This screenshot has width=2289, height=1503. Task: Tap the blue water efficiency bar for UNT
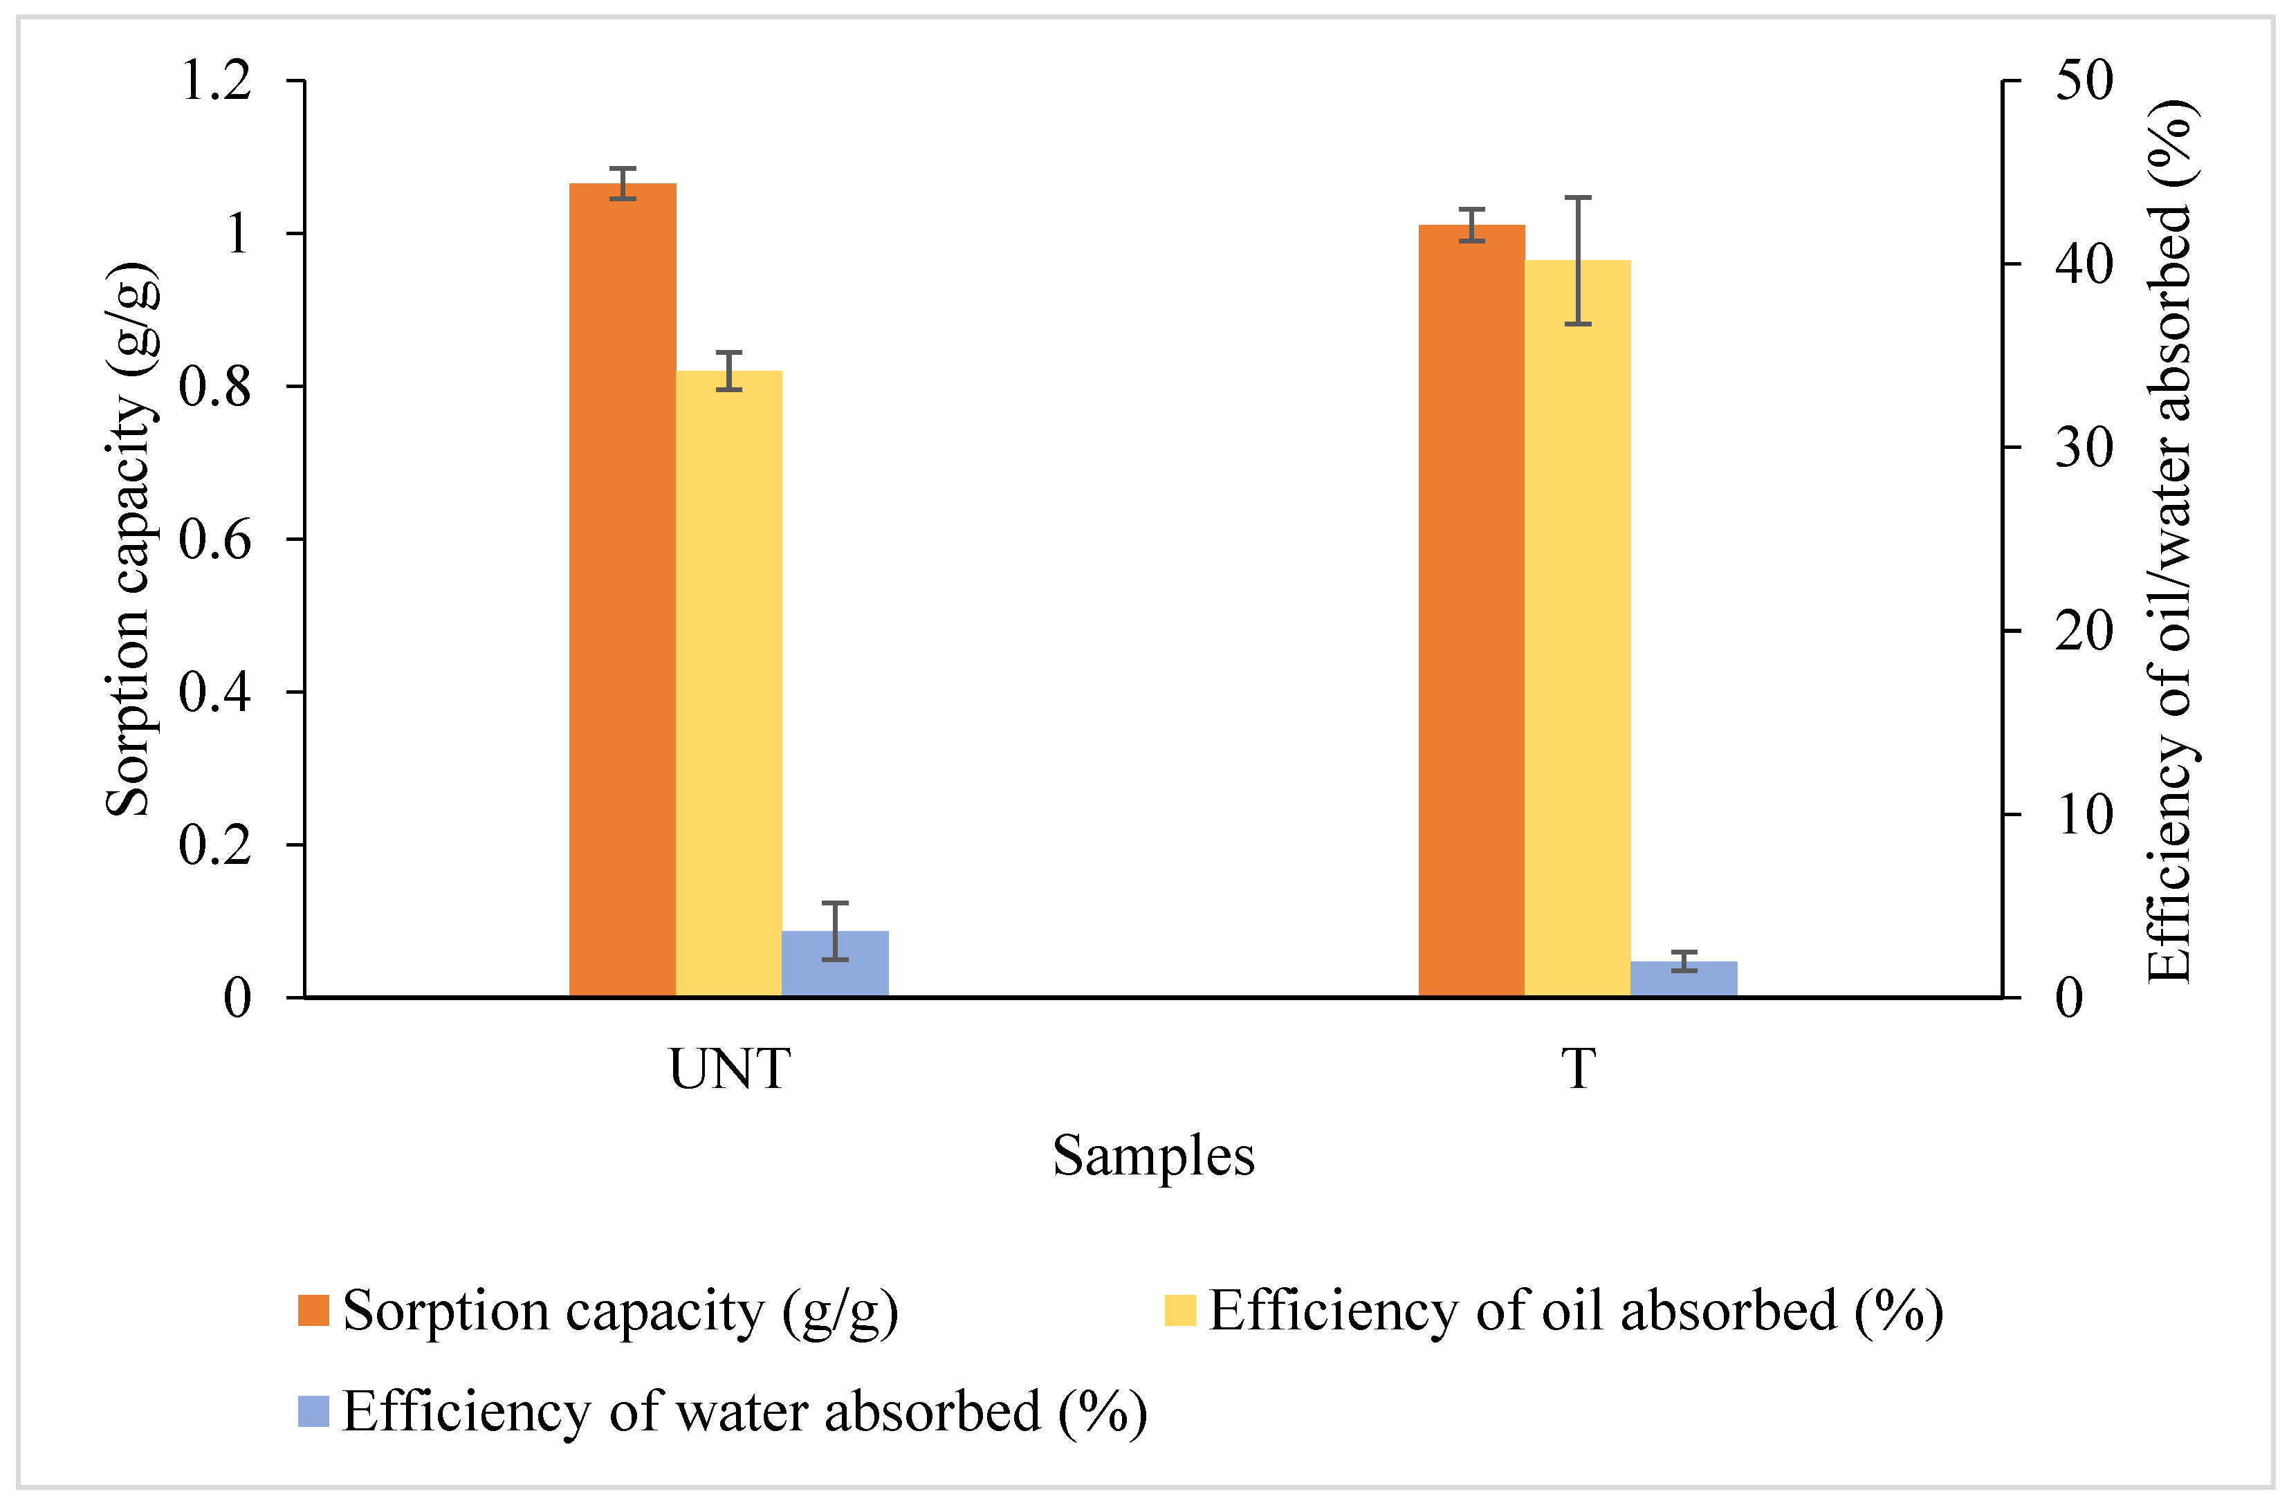[x=835, y=963]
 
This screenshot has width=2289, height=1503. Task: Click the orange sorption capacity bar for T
[x=1471, y=611]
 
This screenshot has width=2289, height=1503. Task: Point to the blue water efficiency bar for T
[x=1684, y=979]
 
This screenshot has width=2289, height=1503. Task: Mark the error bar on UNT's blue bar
[x=835, y=931]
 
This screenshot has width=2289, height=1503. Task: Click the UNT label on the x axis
[x=729, y=1069]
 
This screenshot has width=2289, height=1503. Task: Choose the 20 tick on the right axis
[x=2084, y=631]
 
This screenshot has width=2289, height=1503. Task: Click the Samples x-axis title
[x=1153, y=1155]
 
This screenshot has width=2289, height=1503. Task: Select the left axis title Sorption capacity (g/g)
[x=131, y=540]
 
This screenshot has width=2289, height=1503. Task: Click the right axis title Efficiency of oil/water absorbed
[x=2170, y=542]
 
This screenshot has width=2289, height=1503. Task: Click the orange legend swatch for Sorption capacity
[x=313, y=1311]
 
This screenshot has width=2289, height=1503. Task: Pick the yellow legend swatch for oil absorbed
[x=1180, y=1311]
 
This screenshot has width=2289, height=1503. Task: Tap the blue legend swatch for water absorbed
[x=313, y=1412]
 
